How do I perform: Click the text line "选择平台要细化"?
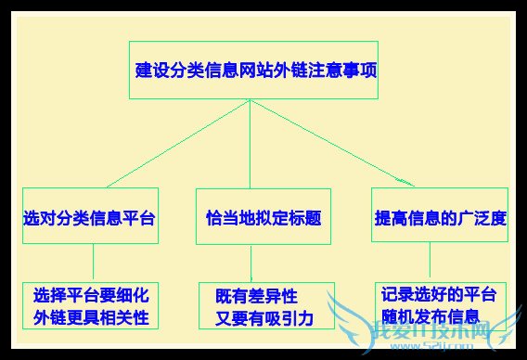click(x=90, y=297)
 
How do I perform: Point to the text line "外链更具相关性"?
click(x=90, y=318)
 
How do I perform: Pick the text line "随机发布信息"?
click(x=431, y=316)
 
